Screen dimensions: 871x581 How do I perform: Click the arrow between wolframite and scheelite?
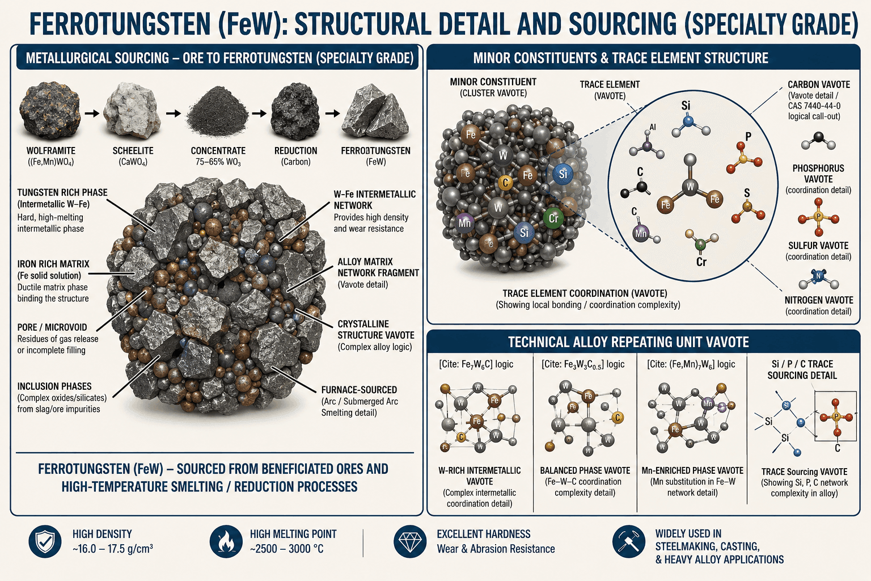click(x=92, y=113)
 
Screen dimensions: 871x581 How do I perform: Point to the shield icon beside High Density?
click(x=45, y=541)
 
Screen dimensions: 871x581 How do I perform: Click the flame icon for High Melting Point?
click(x=226, y=541)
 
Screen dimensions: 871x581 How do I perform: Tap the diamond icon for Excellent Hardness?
click(x=410, y=541)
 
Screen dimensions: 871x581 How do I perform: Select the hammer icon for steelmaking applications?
click(x=629, y=541)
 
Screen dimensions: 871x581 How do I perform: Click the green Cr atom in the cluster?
click(x=553, y=218)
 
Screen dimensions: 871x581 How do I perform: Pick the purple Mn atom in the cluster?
click(x=464, y=224)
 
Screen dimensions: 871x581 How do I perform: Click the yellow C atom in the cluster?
click(x=505, y=182)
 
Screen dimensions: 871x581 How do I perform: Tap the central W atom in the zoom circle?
click(x=690, y=187)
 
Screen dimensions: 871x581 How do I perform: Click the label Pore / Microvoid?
click(x=52, y=327)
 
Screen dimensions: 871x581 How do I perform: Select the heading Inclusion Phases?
click(x=54, y=386)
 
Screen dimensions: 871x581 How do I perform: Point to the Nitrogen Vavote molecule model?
click(x=818, y=279)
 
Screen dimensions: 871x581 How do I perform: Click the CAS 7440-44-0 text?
click(x=814, y=106)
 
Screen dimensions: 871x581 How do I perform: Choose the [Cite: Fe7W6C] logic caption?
click(x=476, y=364)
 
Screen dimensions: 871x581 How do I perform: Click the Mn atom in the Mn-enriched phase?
click(x=708, y=403)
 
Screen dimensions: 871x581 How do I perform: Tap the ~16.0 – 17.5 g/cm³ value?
click(x=112, y=549)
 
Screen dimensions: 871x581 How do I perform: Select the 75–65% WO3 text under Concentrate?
click(x=218, y=162)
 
